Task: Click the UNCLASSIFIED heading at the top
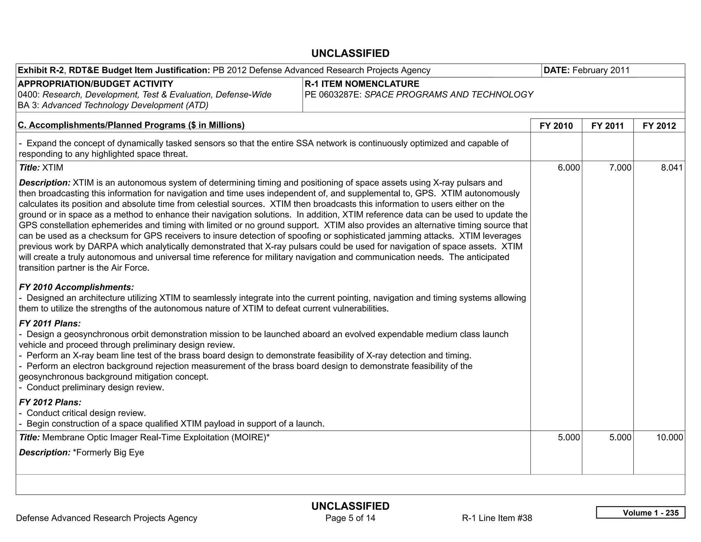(350, 53)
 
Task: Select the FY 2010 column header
(556, 126)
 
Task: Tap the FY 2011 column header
(608, 126)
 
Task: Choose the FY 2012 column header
(659, 126)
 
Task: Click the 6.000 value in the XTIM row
(569, 168)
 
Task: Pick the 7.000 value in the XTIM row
(620, 168)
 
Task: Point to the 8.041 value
(672, 168)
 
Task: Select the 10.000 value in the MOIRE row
(670, 437)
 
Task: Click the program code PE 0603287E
(333, 95)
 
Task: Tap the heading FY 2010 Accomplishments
(76, 287)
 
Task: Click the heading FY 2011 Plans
(50, 323)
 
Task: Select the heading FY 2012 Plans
(50, 402)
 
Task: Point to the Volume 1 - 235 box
(640, 513)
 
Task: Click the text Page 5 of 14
(350, 518)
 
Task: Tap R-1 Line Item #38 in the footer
(497, 518)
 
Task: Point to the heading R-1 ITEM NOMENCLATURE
(362, 84)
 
